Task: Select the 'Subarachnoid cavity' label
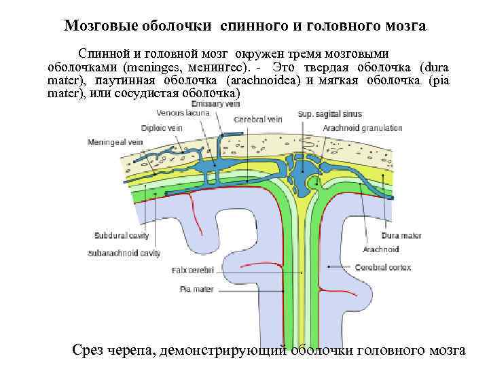click(124, 253)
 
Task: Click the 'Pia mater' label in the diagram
click(197, 290)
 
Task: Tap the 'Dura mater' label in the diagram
click(401, 236)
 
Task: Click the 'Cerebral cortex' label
click(382, 268)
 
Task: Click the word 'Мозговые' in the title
click(101, 26)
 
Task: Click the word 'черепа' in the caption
click(133, 350)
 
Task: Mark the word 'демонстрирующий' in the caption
click(221, 350)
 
